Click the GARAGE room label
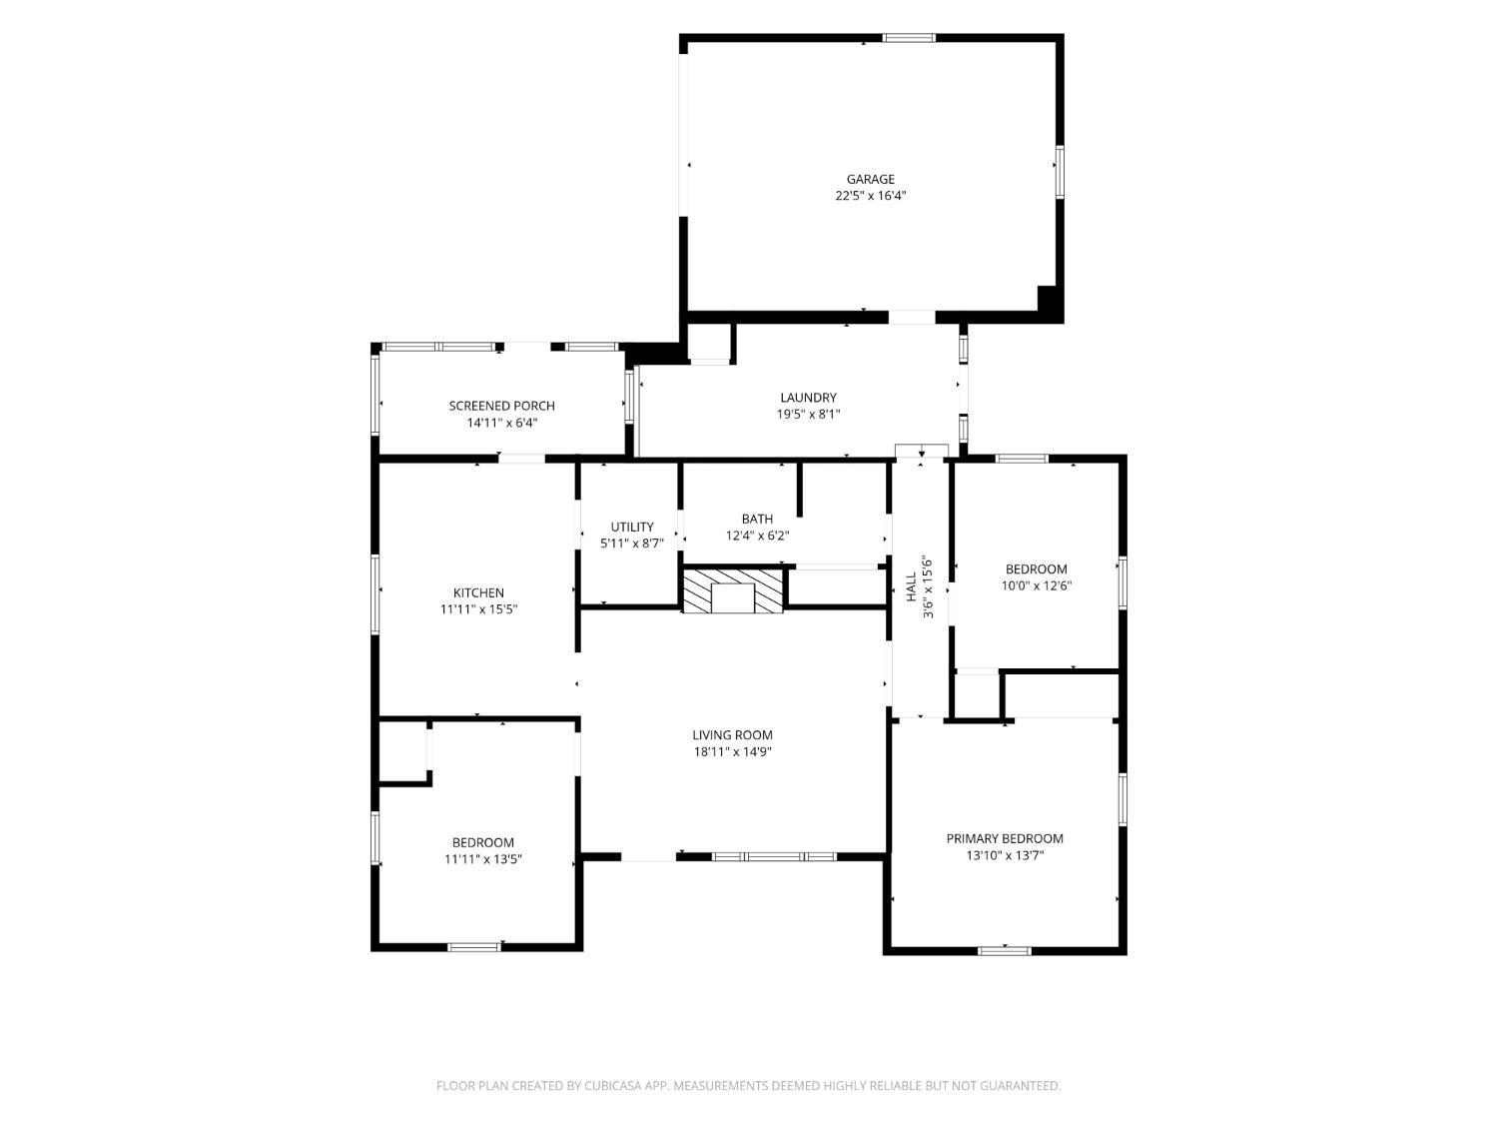click(x=870, y=179)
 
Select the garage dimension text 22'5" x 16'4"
click(x=870, y=196)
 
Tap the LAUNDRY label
click(x=808, y=398)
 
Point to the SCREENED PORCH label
click(x=501, y=406)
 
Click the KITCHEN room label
click(x=478, y=592)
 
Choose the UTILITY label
click(x=632, y=527)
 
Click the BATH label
click(x=757, y=519)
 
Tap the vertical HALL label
click(x=911, y=586)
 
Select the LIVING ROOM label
click(x=732, y=735)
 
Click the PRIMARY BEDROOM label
click(x=1005, y=838)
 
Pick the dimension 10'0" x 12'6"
click(x=1036, y=584)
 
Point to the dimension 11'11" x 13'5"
click(x=482, y=859)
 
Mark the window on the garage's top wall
click(x=909, y=38)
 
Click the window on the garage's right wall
click(x=1060, y=171)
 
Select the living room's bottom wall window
click(x=774, y=856)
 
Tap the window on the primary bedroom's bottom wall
click(x=1004, y=950)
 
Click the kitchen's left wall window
click(x=374, y=594)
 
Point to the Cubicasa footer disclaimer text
click(x=749, y=1085)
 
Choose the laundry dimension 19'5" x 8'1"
click(x=808, y=414)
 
